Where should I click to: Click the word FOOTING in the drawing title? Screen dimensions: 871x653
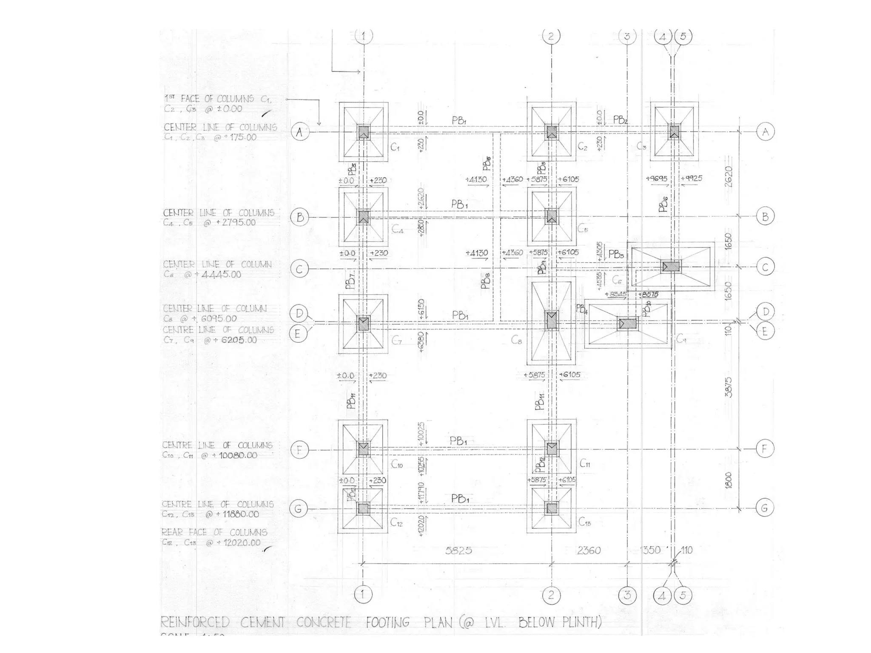tap(387, 623)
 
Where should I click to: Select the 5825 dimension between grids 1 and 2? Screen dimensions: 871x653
tap(458, 551)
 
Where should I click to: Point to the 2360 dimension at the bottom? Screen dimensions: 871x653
tap(589, 551)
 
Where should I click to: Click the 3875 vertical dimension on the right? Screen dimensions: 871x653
tap(729, 387)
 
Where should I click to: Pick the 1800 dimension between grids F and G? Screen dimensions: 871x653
tap(729, 480)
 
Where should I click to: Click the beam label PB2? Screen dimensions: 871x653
tap(621, 120)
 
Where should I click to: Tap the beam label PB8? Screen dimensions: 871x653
tap(486, 281)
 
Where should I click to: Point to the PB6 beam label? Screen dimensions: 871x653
tap(663, 204)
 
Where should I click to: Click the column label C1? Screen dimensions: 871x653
tap(395, 148)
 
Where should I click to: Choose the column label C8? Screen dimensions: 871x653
tap(516, 340)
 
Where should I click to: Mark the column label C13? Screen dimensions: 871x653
tap(585, 522)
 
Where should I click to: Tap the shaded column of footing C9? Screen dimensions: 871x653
tap(627, 324)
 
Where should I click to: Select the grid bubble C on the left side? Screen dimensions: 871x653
tap(299, 269)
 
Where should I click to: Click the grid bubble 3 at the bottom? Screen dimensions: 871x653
tap(627, 595)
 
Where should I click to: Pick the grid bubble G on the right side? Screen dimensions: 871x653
tap(764, 508)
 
